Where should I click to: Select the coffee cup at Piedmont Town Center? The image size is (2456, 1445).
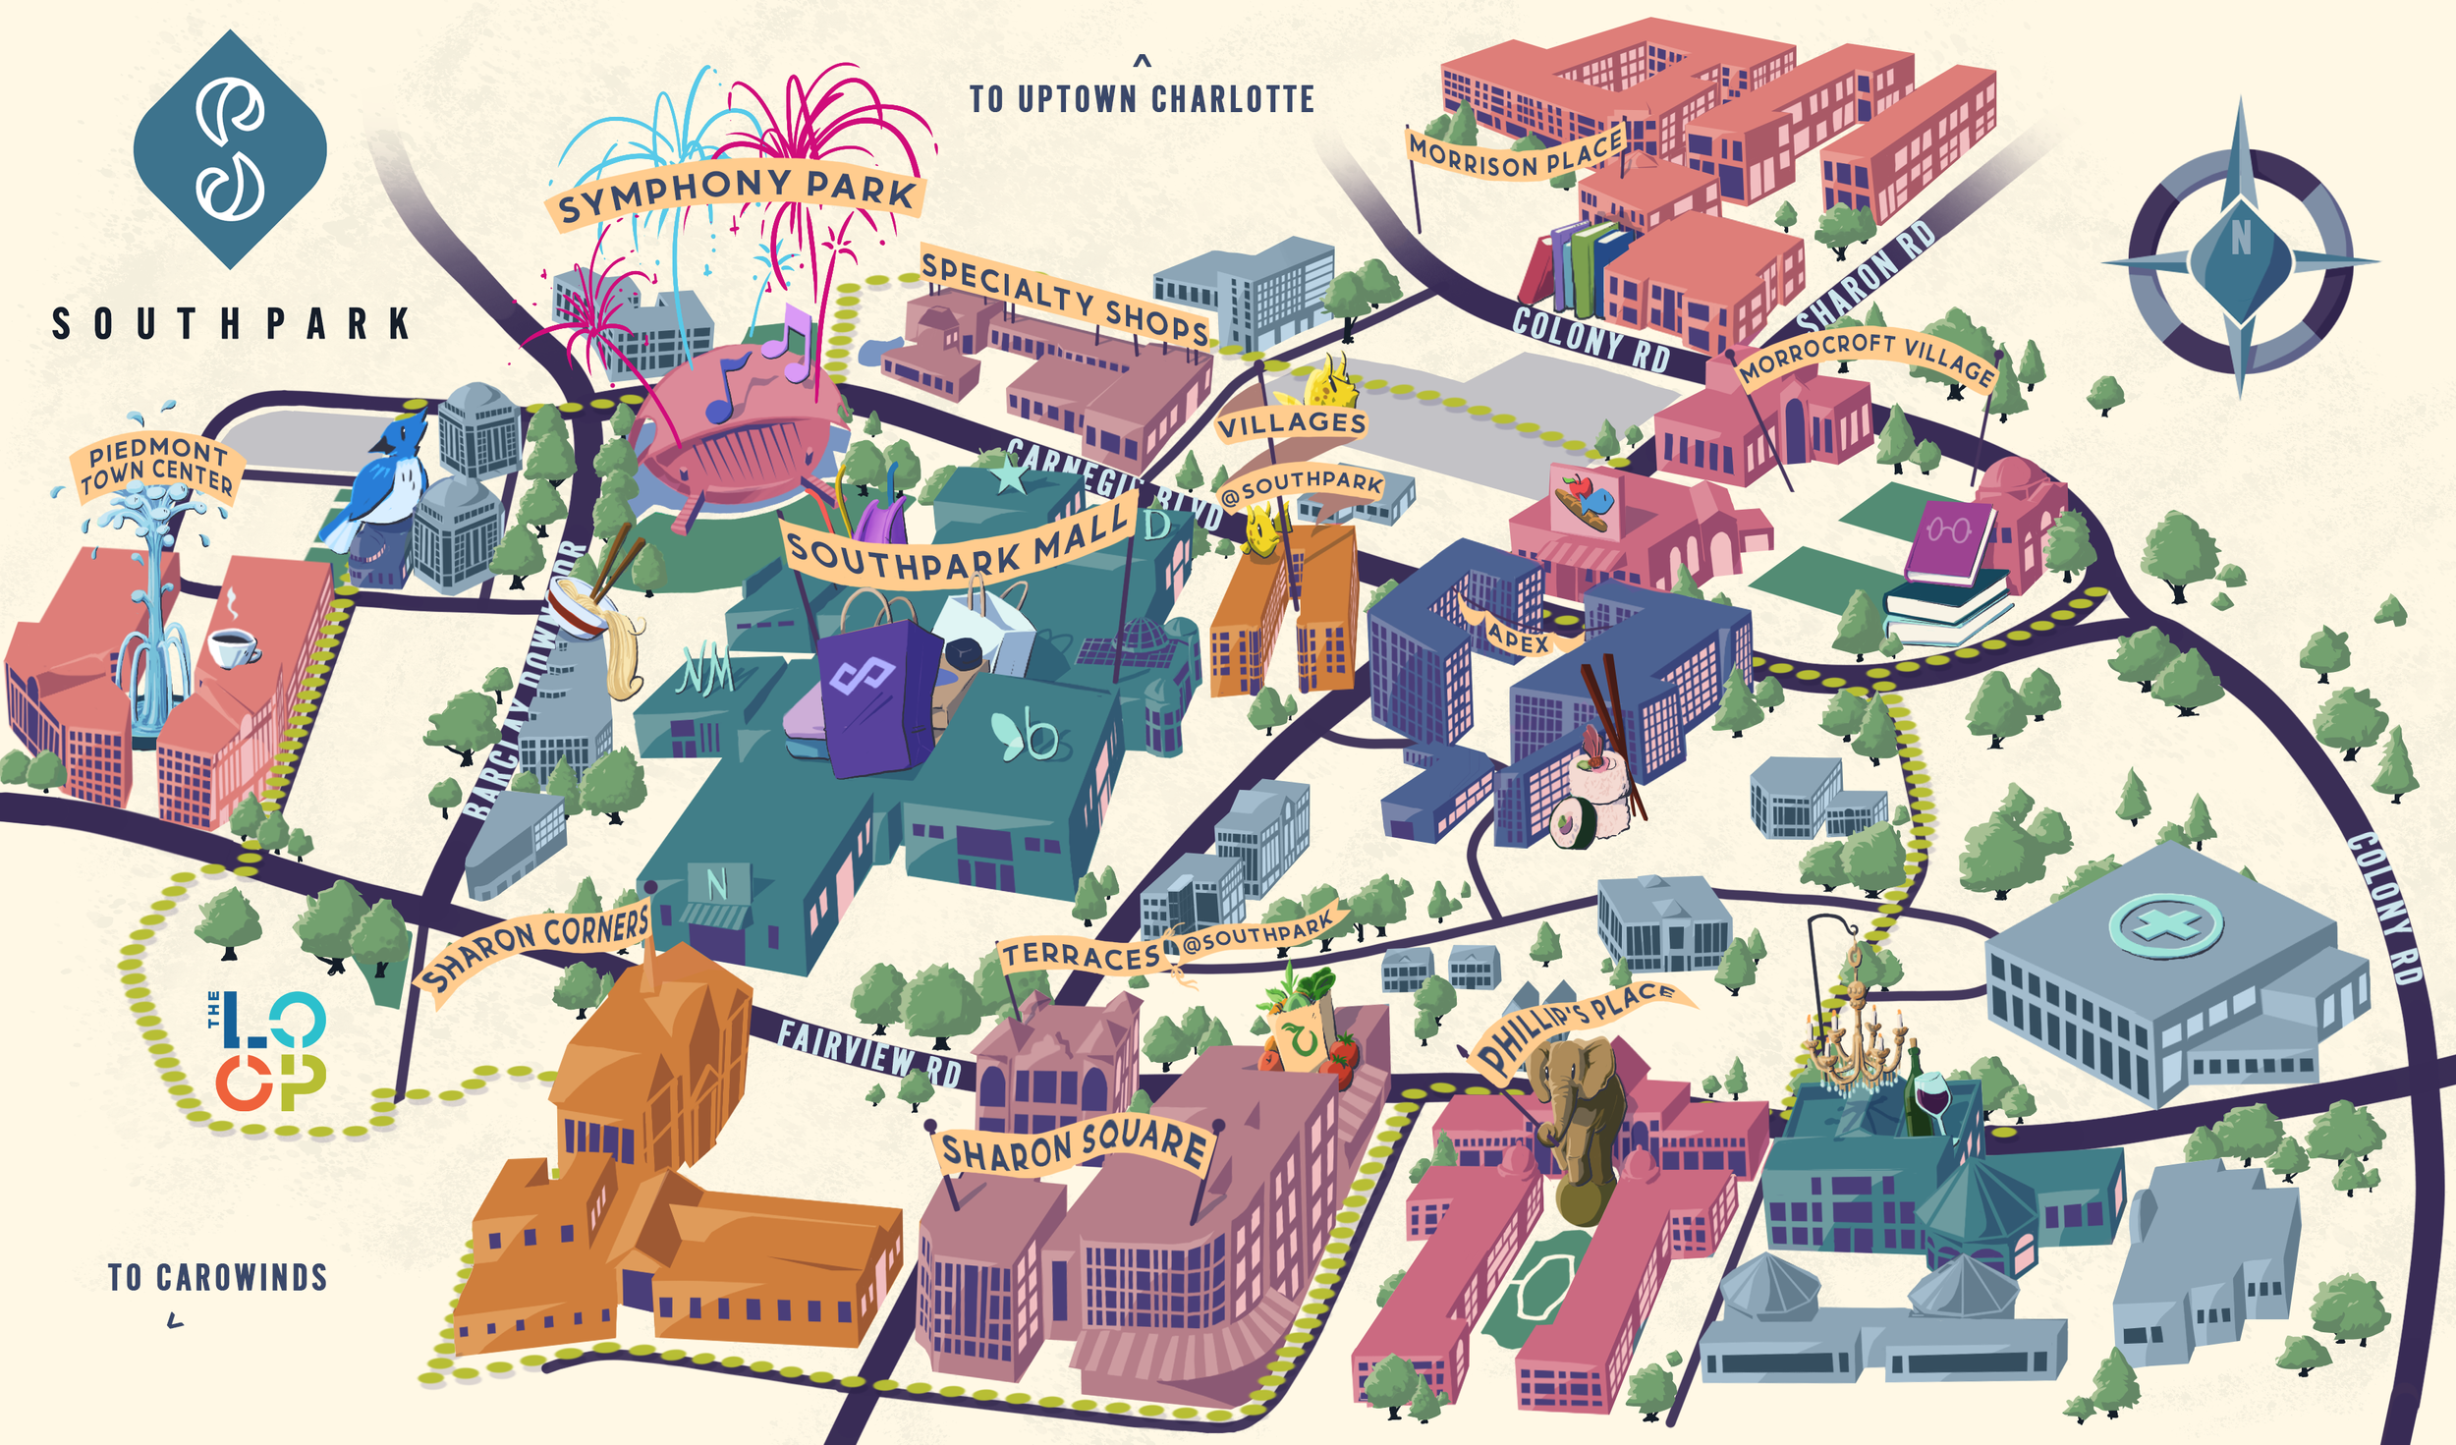[x=233, y=646]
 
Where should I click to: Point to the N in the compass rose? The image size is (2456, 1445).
[x=2240, y=239]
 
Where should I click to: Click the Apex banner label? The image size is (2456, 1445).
[x=1518, y=639]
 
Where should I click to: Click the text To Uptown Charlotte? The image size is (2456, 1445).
[x=1142, y=98]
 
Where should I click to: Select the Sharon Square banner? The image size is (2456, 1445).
[x=1074, y=1145]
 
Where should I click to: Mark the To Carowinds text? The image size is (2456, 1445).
[x=217, y=1278]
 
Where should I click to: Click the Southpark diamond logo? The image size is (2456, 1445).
[x=230, y=149]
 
